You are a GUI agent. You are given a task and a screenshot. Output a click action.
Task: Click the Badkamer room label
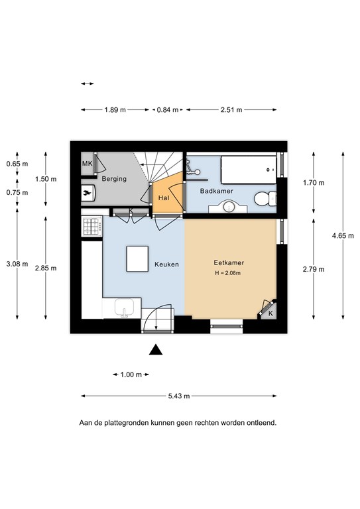pyautogui.click(x=217, y=191)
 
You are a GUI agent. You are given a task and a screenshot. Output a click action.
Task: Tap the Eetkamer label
pyautogui.click(x=229, y=262)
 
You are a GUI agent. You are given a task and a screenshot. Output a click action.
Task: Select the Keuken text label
pyautogui.click(x=166, y=264)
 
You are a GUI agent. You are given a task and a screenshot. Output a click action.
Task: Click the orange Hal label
pyautogui.click(x=164, y=198)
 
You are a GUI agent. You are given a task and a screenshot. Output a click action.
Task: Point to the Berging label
pyautogui.click(x=114, y=178)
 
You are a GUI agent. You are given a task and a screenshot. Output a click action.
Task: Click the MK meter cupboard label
pyautogui.click(x=87, y=163)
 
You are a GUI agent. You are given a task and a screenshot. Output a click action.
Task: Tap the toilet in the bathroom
pyautogui.click(x=265, y=199)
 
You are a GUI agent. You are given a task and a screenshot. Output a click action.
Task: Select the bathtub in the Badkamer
pyautogui.click(x=249, y=167)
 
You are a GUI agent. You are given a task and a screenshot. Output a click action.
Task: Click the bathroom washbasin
pyautogui.click(x=229, y=207)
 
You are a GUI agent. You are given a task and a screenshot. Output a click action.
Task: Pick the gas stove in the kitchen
pyautogui.click(x=91, y=227)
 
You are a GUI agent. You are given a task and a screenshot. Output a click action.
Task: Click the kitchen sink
pyautogui.click(x=125, y=308)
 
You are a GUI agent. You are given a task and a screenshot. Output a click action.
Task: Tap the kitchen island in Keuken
pyautogui.click(x=137, y=258)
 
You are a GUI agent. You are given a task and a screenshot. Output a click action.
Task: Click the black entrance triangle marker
pyautogui.click(x=156, y=349)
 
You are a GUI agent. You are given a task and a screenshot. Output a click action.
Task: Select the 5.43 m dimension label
pyautogui.click(x=179, y=396)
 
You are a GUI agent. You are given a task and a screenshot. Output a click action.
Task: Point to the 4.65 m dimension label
pyautogui.click(x=343, y=236)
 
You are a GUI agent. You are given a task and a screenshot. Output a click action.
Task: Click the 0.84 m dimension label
pyautogui.click(x=168, y=110)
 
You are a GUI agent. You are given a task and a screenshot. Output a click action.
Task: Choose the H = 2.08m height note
pyautogui.click(x=227, y=273)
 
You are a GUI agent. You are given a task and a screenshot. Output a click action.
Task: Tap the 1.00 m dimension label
pyautogui.click(x=131, y=374)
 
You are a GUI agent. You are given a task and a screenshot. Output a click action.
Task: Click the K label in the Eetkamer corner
pyautogui.click(x=270, y=314)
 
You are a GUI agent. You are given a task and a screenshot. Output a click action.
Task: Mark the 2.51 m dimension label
pyautogui.click(x=231, y=110)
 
